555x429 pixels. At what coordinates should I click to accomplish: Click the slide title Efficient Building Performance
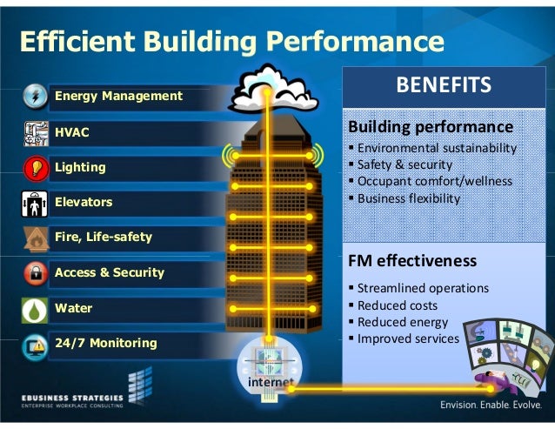coord(231,41)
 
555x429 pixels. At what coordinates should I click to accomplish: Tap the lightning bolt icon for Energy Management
coord(33,95)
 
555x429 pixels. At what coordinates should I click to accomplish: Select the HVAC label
coord(72,131)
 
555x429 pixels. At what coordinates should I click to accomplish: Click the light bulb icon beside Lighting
coord(33,167)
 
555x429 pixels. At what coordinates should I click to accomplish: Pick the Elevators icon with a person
coord(33,203)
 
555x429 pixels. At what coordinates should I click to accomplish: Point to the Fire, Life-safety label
coord(103,237)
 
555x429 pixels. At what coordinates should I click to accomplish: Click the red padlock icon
coord(33,273)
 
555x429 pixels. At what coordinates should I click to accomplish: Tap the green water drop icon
coord(33,309)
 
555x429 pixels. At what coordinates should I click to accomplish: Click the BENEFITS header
coord(444,85)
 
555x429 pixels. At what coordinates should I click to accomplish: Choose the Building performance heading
coord(430,127)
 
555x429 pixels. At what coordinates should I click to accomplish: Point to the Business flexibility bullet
coord(407,198)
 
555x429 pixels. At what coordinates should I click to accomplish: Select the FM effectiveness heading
coord(411,261)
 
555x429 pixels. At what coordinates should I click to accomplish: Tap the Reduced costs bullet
coord(397,305)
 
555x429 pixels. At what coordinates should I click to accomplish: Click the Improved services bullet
coord(406,339)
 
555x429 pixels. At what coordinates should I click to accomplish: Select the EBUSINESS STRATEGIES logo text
coord(72,394)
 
